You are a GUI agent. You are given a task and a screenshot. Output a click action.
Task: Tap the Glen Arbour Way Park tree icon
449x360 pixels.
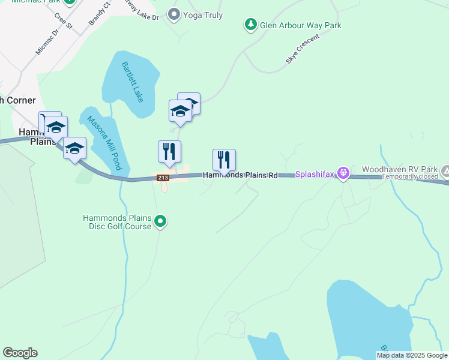(250, 25)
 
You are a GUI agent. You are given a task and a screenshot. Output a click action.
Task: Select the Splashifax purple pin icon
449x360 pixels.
(343, 174)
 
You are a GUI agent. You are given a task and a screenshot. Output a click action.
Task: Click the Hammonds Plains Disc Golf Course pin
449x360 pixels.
(160, 222)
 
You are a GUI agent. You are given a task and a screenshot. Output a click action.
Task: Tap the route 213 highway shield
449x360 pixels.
(163, 178)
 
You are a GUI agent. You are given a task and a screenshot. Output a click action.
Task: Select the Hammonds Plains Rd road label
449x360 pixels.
(240, 175)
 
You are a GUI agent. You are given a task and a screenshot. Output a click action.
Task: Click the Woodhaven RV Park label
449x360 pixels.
(399, 169)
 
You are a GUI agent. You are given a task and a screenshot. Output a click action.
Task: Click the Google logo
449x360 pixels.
(20, 353)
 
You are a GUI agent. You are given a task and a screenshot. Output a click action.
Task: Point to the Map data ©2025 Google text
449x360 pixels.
(412, 355)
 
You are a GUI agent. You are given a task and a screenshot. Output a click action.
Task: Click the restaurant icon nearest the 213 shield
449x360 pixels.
(169, 151)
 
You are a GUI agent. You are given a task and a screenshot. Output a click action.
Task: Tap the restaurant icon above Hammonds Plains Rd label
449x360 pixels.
(224, 160)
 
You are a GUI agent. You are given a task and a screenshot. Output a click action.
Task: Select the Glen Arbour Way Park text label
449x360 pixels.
(300, 25)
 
